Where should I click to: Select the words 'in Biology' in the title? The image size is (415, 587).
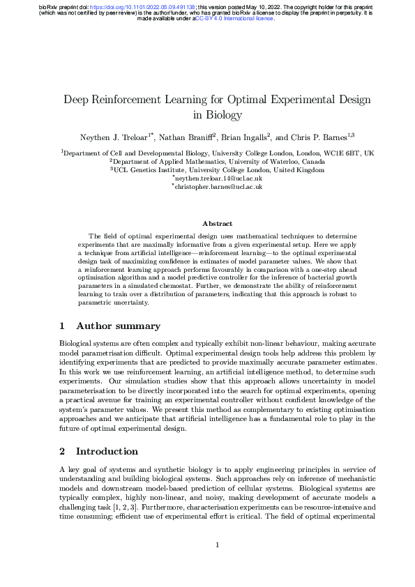(x=217, y=115)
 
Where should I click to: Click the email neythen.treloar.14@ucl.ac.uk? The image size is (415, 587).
(x=218, y=178)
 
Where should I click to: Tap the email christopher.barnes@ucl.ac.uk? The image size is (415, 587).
(x=218, y=187)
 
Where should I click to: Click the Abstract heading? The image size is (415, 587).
(x=217, y=224)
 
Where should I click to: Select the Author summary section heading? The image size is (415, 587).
(x=118, y=326)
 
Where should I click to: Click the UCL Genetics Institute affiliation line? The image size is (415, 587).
(x=218, y=169)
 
